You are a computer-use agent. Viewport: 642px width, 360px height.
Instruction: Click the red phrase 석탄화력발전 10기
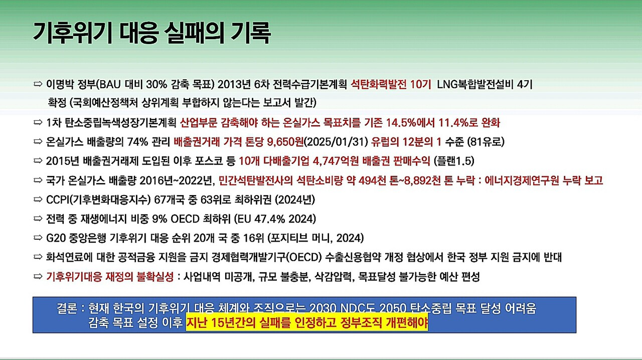coord(391,85)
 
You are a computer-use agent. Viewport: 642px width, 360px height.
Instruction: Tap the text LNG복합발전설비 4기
coord(485,85)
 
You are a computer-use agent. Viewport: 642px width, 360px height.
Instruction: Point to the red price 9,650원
coord(285,142)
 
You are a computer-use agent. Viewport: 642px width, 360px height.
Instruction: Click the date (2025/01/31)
coord(336,142)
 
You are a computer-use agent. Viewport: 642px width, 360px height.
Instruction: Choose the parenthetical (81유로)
coord(486,142)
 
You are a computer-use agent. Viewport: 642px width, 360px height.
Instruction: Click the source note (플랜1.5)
coord(454,161)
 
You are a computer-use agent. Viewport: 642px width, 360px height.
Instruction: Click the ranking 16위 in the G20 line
coord(253,238)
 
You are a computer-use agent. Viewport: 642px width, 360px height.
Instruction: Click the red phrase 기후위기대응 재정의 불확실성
coord(110,277)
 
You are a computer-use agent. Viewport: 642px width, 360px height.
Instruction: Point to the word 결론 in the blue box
coord(67,308)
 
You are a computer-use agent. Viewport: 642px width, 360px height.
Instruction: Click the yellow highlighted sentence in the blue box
coord(306,322)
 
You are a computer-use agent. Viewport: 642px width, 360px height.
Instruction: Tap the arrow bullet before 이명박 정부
coord(38,84)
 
